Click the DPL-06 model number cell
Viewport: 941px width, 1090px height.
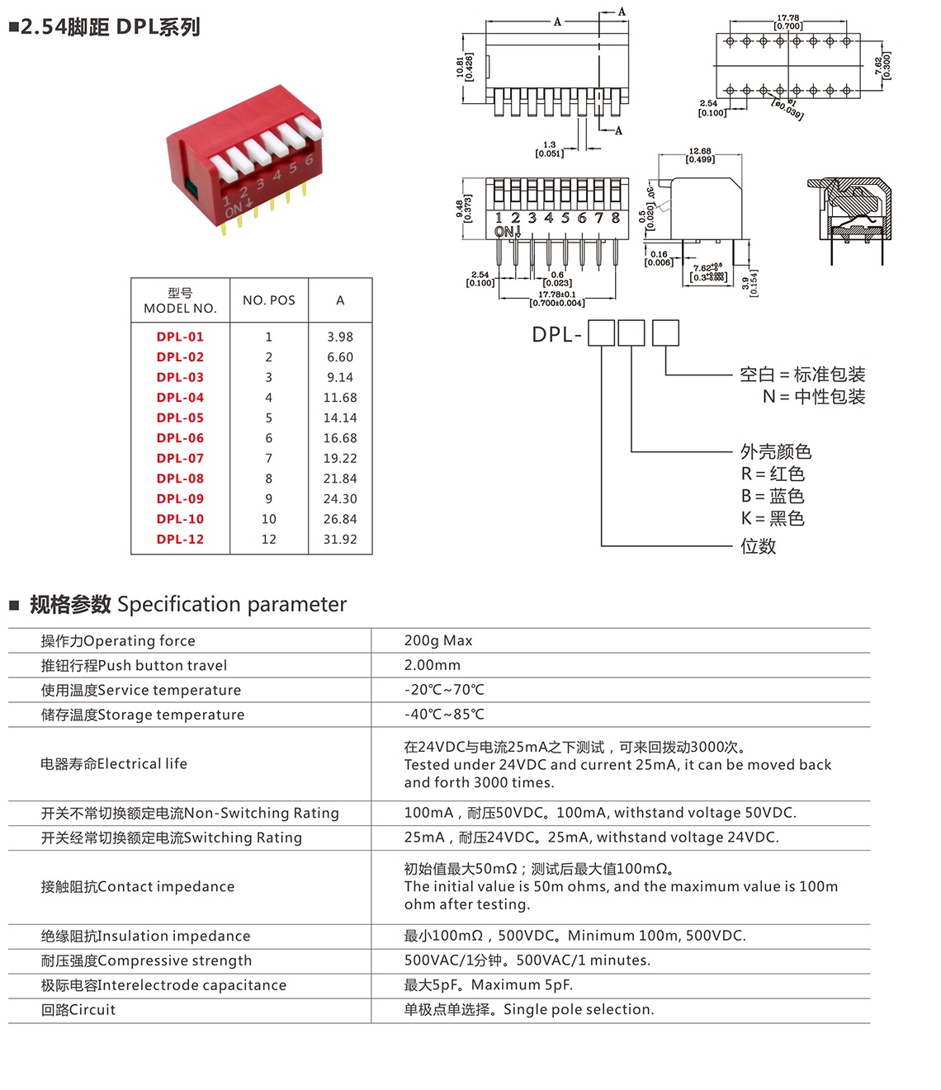click(x=180, y=438)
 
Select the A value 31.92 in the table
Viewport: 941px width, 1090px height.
click(x=339, y=540)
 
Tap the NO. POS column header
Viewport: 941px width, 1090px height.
click(x=268, y=300)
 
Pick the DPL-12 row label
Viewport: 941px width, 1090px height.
click(x=180, y=540)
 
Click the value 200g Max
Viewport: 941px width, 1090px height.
click(x=438, y=640)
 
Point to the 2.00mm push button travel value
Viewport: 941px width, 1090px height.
click(x=433, y=665)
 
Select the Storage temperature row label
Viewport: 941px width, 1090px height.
click(x=143, y=715)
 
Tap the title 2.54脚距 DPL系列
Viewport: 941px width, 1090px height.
click(x=110, y=27)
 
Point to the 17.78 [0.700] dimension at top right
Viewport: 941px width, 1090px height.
click(x=788, y=22)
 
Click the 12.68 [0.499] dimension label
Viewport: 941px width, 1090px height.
click(x=700, y=155)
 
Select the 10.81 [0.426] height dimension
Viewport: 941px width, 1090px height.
click(x=465, y=68)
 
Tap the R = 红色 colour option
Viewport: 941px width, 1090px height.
click(x=773, y=474)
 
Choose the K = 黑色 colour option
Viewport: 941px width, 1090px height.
click(x=773, y=518)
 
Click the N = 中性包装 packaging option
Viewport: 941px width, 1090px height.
click(x=814, y=397)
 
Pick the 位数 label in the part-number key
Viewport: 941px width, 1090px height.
click(x=758, y=546)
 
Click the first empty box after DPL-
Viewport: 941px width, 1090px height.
click(x=602, y=333)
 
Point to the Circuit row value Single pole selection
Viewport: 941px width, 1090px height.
click(x=529, y=1010)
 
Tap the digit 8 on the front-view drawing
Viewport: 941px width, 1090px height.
click(x=615, y=219)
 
